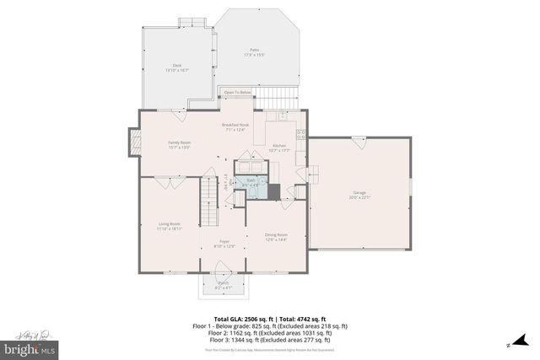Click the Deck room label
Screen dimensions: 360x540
(x=176, y=68)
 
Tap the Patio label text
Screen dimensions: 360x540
(x=254, y=52)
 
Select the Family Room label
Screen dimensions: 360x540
(x=179, y=144)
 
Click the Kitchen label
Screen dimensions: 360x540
(x=279, y=148)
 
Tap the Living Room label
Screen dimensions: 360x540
(x=169, y=226)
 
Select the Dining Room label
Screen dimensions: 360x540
(x=277, y=236)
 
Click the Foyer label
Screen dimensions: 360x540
(x=224, y=244)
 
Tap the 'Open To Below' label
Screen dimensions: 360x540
(x=237, y=92)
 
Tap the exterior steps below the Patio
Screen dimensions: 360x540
(x=288, y=96)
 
